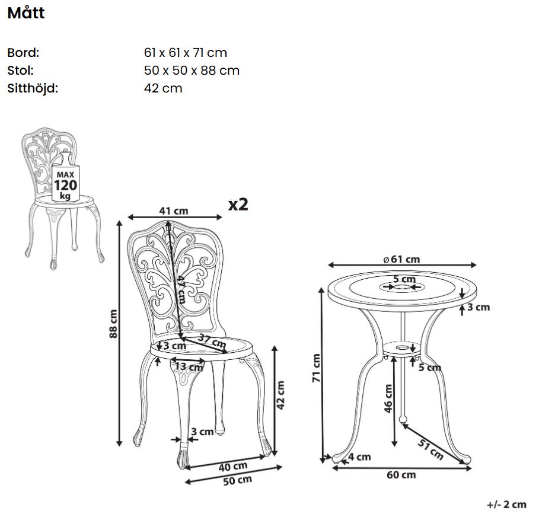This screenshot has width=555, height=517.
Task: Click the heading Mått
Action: tap(26, 12)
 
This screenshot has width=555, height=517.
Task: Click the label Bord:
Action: tap(23, 53)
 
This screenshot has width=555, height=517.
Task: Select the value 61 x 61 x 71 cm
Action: tap(185, 53)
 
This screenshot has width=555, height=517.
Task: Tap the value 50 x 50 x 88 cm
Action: tap(192, 71)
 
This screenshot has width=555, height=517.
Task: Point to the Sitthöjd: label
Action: tap(32, 88)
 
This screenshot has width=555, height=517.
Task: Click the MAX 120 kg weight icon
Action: tap(65, 182)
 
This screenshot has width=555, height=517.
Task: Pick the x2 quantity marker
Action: tap(238, 205)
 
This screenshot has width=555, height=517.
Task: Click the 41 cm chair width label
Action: tap(173, 211)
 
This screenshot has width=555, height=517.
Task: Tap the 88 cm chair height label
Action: tap(113, 324)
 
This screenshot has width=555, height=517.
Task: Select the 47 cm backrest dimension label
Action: tap(181, 289)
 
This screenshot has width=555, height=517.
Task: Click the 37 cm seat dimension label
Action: tap(212, 340)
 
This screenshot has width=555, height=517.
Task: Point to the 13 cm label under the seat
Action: tap(189, 366)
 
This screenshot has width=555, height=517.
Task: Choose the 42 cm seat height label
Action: tap(280, 395)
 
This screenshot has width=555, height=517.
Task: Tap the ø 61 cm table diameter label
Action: tap(402, 259)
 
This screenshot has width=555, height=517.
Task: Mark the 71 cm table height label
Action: tap(316, 368)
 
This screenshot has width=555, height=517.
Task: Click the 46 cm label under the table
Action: tap(388, 398)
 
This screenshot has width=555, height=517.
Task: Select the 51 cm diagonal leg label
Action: tap(430, 449)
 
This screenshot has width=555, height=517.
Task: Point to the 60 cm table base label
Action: tap(401, 475)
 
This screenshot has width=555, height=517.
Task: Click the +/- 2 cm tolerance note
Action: tap(506, 505)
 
